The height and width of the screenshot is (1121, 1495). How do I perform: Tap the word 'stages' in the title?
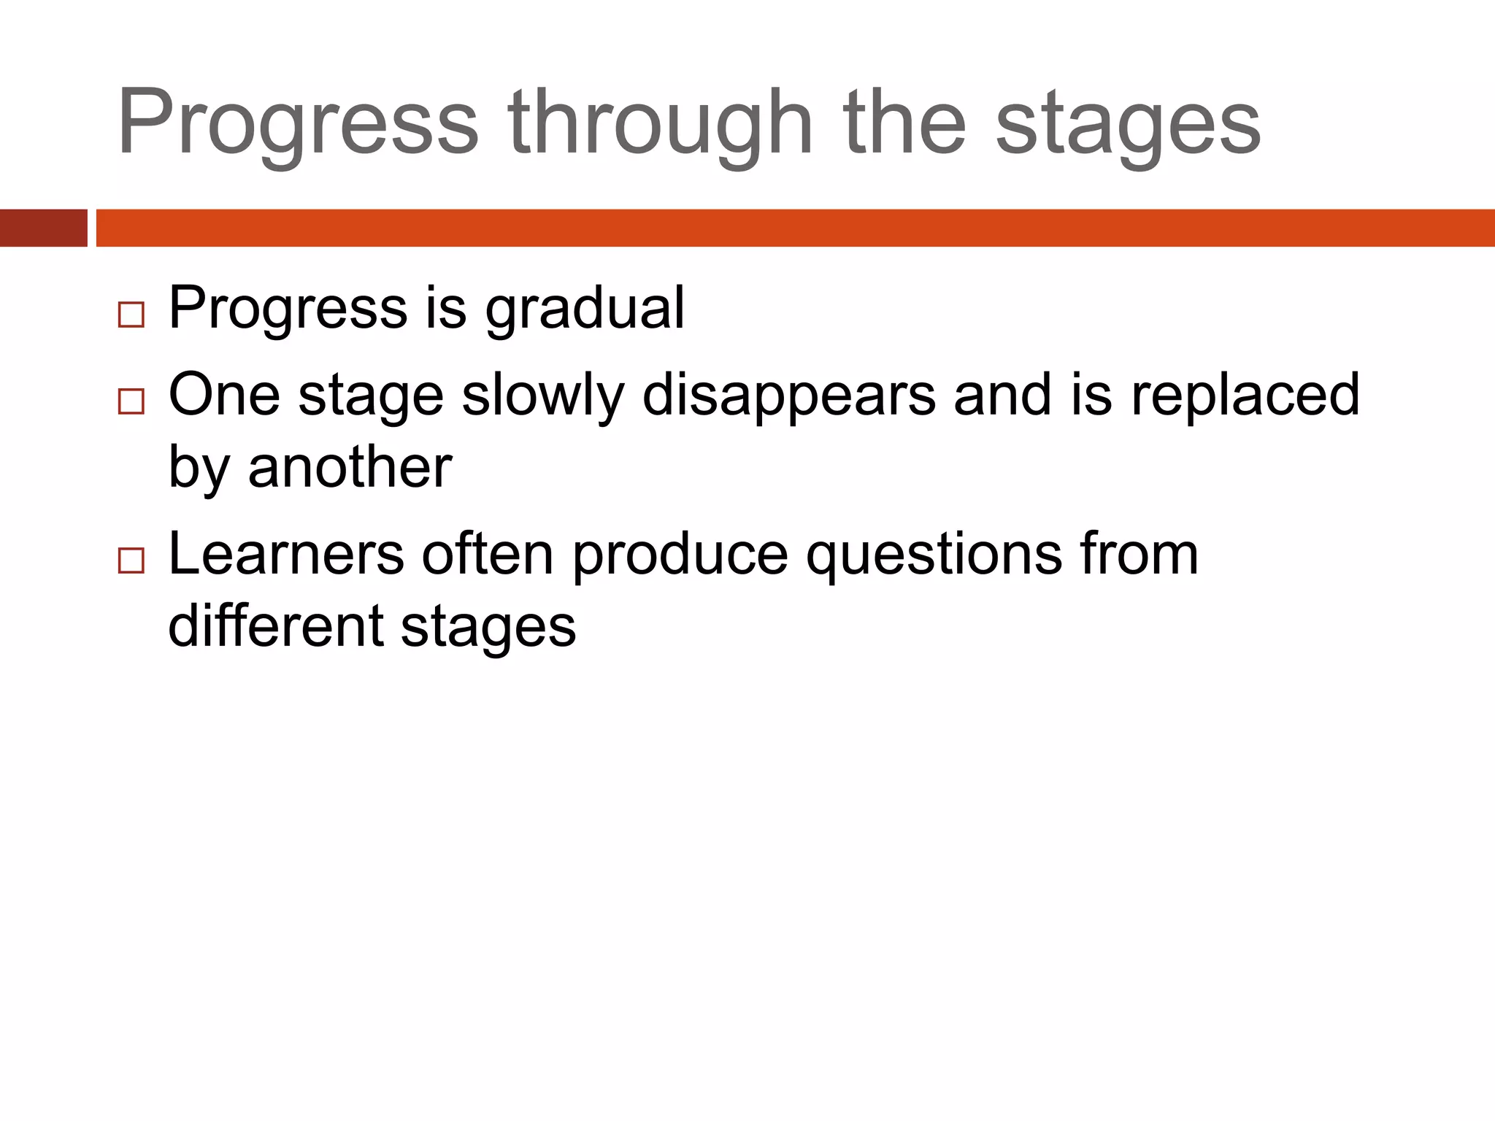click(x=1128, y=124)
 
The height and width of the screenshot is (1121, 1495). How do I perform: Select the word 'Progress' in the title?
click(x=298, y=124)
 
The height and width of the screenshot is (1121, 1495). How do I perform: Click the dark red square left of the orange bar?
click(x=43, y=228)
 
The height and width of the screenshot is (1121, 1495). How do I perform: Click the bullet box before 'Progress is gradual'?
click(x=131, y=315)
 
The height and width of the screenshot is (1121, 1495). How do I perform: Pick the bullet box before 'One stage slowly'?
click(x=131, y=401)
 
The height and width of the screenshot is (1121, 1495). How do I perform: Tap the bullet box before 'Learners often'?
click(x=131, y=560)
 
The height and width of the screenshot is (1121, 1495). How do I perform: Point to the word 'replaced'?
click(x=1245, y=396)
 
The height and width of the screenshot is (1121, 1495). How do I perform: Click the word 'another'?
click(x=350, y=467)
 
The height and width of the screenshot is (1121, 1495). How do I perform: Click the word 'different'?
click(x=275, y=626)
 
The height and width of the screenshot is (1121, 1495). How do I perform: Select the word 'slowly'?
click(x=543, y=396)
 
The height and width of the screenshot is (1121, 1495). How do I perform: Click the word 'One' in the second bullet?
click(x=224, y=396)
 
